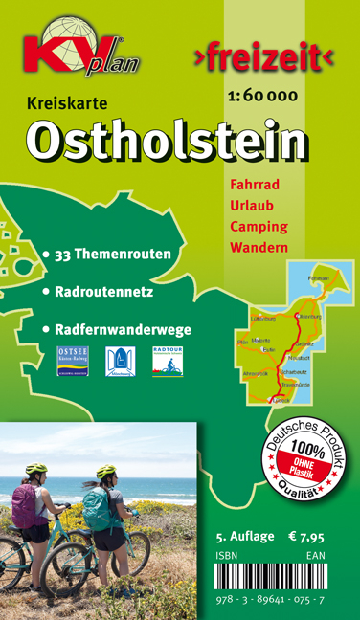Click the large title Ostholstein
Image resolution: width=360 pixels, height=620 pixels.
[168, 142]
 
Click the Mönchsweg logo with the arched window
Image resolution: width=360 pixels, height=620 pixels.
[120, 361]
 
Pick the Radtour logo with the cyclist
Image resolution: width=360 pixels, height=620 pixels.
[168, 361]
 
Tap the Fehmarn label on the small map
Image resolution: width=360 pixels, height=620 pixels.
[331, 278]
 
